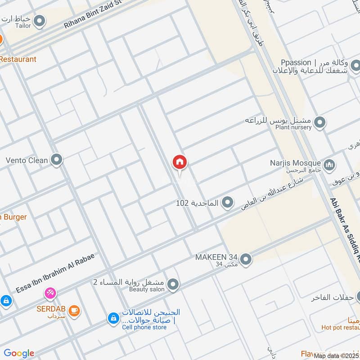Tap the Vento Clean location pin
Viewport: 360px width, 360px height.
pyautogui.click(x=56, y=160)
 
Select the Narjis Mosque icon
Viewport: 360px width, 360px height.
pyautogui.click(x=330, y=165)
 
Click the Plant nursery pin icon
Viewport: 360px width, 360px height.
pyautogui.click(x=320, y=122)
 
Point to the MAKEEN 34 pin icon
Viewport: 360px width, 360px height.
pyautogui.click(x=246, y=259)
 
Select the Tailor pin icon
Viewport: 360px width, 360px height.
pyautogui.click(x=40, y=20)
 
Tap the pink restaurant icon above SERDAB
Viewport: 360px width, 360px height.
pyautogui.click(x=50, y=294)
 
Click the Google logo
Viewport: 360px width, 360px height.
pyautogui.click(x=19, y=353)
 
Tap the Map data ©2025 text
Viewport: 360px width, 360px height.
pyautogui.click(x=337, y=355)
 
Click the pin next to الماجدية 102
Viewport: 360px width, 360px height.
pyautogui.click(x=228, y=203)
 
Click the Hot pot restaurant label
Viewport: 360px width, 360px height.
pyautogui.click(x=341, y=328)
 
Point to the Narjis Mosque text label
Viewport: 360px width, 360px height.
pyautogui.click(x=301, y=163)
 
